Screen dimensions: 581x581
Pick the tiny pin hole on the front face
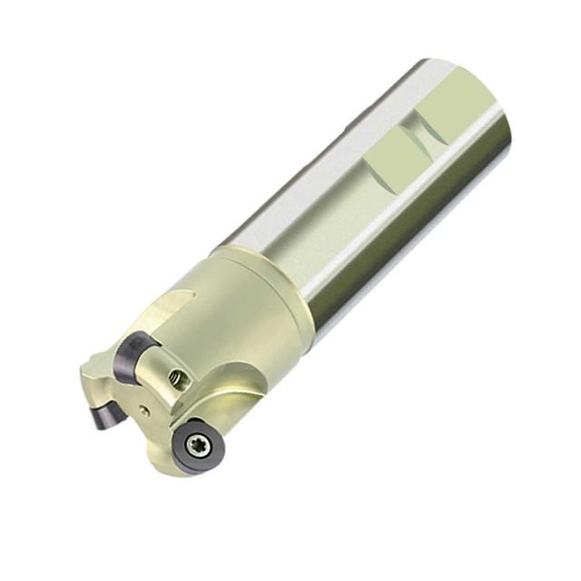(x=144, y=409)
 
